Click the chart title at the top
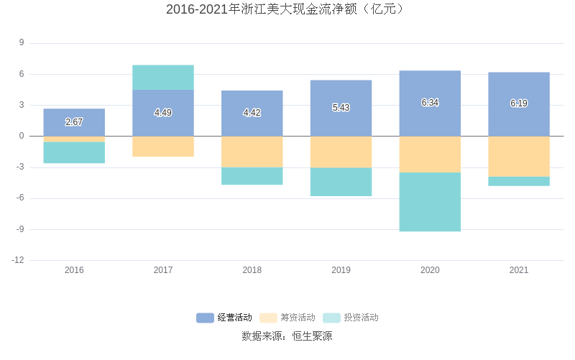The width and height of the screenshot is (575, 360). click(287, 9)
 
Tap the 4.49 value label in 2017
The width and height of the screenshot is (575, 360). click(163, 113)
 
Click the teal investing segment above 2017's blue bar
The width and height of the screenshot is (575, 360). click(163, 78)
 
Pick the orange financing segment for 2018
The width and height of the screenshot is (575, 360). click(252, 152)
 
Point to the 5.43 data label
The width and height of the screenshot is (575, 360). click(341, 108)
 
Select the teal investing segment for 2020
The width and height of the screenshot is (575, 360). click(430, 202)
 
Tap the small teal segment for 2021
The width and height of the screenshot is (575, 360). click(519, 181)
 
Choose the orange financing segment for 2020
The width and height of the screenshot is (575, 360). click(430, 154)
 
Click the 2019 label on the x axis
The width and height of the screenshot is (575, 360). click(341, 270)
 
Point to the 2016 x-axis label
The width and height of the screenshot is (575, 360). click(74, 270)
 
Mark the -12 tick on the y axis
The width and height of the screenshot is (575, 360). click(18, 260)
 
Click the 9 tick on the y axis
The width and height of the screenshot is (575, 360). click(22, 43)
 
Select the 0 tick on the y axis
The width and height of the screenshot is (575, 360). click(22, 136)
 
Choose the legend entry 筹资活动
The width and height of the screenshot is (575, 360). click(287, 318)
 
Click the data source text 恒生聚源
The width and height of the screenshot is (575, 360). click(312, 336)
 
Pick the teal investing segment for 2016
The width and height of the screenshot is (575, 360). click(74, 152)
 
